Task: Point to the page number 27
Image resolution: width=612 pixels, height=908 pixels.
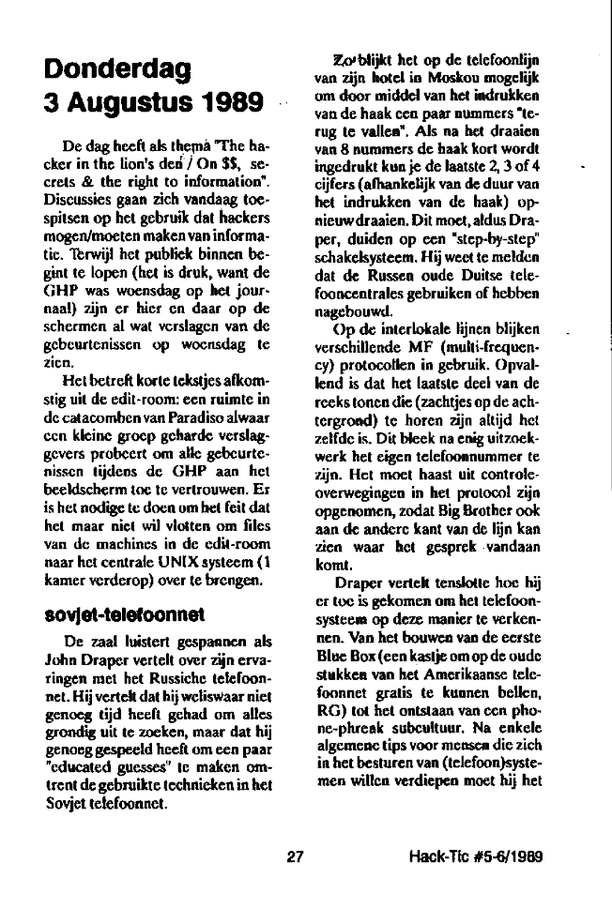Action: pyautogui.click(x=297, y=855)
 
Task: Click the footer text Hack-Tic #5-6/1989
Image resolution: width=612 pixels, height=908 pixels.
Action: pyautogui.click(x=478, y=855)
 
